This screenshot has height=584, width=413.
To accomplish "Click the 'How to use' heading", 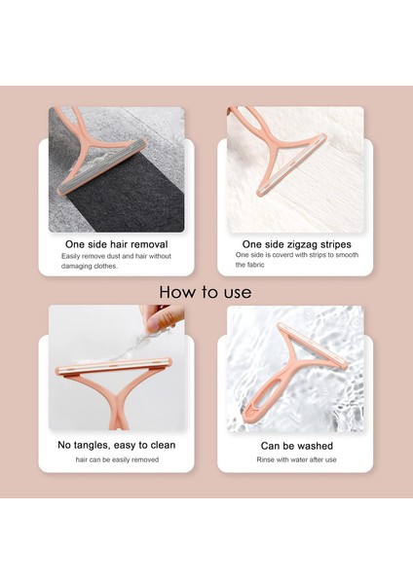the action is click(x=205, y=292).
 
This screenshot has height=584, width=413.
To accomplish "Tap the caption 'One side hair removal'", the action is click(x=116, y=244).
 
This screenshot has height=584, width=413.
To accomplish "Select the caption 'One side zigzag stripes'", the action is click(x=297, y=244).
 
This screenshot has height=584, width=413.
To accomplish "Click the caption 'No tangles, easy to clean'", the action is click(x=116, y=445).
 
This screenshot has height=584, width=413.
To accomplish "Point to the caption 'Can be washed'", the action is click(x=297, y=446).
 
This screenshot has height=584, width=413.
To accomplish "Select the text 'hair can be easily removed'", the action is click(x=117, y=459).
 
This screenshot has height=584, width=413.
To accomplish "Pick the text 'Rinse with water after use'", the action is click(x=296, y=459).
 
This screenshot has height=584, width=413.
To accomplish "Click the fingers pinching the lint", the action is click(x=163, y=317).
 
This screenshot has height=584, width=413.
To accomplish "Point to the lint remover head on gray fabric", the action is click(x=102, y=166).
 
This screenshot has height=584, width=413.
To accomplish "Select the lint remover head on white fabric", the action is click(x=291, y=165).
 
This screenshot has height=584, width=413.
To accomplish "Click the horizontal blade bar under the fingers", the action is click(x=114, y=366).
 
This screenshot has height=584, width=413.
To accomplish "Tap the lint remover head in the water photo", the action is click(x=312, y=346).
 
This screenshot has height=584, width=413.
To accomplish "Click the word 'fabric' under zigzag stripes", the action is click(x=255, y=265).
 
